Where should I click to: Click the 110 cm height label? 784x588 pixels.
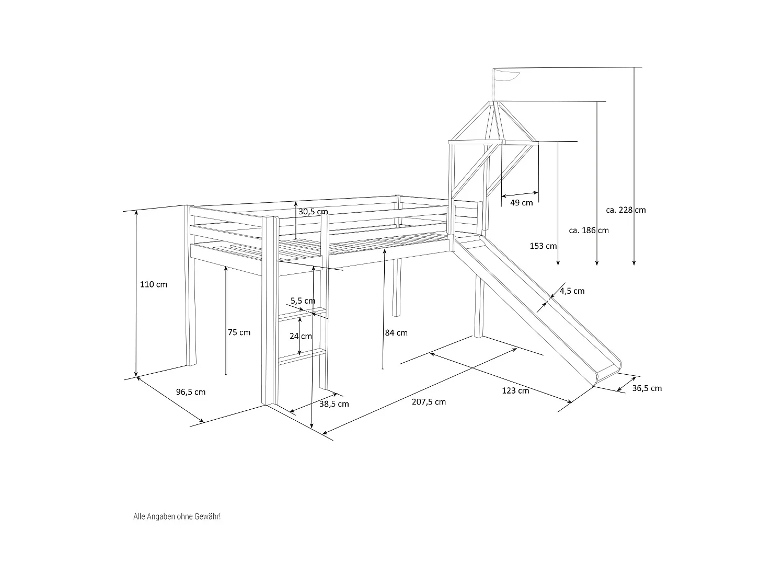(154, 284)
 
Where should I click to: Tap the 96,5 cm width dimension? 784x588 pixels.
(191, 392)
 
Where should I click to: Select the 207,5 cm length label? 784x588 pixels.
(429, 402)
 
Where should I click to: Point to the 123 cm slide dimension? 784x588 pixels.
(515, 390)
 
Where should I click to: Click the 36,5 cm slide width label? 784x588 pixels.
(647, 388)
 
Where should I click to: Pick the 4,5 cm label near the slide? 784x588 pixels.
(572, 291)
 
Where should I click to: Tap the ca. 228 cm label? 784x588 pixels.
(626, 210)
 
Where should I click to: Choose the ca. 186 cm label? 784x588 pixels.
(589, 230)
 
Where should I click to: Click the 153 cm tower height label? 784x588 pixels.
(543, 246)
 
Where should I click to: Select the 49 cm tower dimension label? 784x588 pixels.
(521, 203)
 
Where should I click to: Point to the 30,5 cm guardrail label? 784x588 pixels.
(313, 212)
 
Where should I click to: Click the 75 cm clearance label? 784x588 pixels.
(239, 332)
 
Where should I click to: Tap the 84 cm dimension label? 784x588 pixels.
(396, 332)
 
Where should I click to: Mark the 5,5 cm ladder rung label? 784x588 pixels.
(303, 301)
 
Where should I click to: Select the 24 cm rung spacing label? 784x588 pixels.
(301, 336)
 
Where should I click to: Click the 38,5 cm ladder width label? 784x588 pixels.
(334, 403)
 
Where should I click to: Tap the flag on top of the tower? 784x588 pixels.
(507, 76)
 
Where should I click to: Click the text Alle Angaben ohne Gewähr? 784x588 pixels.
(177, 516)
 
